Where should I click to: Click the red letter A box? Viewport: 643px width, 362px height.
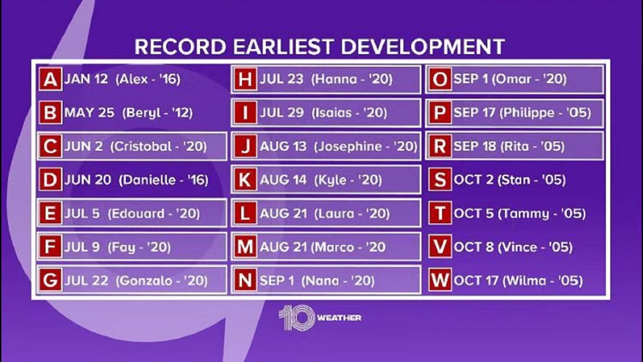point(50,79)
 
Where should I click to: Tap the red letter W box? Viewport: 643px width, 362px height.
point(440,280)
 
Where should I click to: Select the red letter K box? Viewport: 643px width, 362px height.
point(245,180)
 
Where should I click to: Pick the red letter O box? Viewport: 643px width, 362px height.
point(440,79)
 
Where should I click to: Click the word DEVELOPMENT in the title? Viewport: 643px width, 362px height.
point(423,47)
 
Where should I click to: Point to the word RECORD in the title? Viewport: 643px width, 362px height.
point(180,47)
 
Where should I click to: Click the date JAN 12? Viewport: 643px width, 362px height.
point(86,79)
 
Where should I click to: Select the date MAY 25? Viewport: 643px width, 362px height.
point(89,112)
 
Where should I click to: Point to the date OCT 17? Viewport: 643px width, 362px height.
point(476,280)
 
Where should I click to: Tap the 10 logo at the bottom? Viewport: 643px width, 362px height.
point(297,317)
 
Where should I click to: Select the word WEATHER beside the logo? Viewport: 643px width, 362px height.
point(339,318)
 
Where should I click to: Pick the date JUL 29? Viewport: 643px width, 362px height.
point(281,112)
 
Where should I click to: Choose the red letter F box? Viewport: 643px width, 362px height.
point(50,247)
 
